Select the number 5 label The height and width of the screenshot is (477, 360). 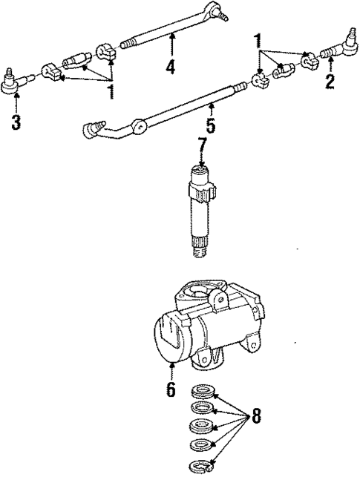pyautogui.click(x=212, y=126)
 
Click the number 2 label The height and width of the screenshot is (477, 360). pyautogui.click(x=330, y=80)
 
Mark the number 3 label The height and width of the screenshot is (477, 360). pyautogui.click(x=16, y=122)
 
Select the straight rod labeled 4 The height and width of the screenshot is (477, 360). pyautogui.click(x=167, y=30)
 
